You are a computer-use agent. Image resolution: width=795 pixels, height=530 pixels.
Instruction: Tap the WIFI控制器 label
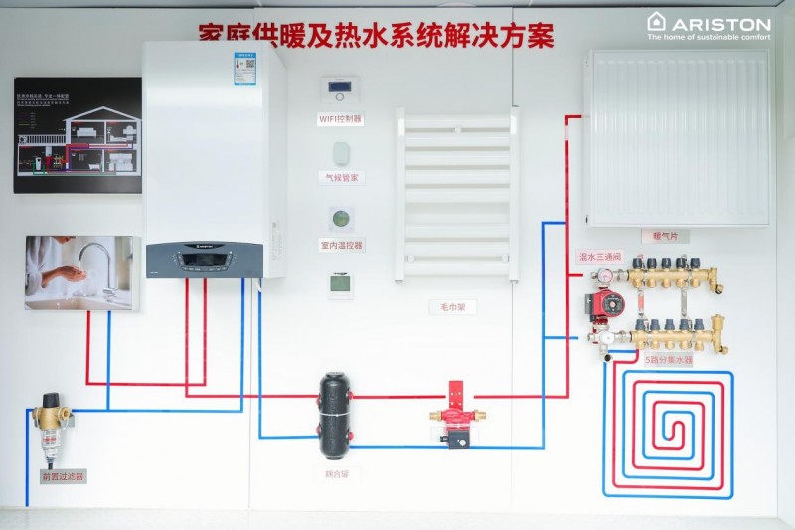point(341,118)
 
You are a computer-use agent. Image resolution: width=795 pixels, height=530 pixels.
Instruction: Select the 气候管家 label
point(341,177)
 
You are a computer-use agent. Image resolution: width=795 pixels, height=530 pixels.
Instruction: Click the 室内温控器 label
point(341,244)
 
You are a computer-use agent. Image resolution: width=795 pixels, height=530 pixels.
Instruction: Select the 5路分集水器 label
point(669,360)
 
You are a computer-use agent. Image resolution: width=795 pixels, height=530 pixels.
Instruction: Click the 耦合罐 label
point(337,474)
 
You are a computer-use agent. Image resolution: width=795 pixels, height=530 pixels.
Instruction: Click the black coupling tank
point(336,415)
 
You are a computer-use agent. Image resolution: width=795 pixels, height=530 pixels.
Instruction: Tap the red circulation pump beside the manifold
point(604,304)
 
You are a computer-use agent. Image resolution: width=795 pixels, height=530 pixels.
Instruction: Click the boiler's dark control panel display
point(203,261)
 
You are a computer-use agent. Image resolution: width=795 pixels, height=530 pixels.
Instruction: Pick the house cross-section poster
point(78,135)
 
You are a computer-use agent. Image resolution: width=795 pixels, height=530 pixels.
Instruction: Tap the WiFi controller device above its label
point(340,88)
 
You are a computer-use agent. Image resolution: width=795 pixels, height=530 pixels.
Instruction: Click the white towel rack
point(456,194)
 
